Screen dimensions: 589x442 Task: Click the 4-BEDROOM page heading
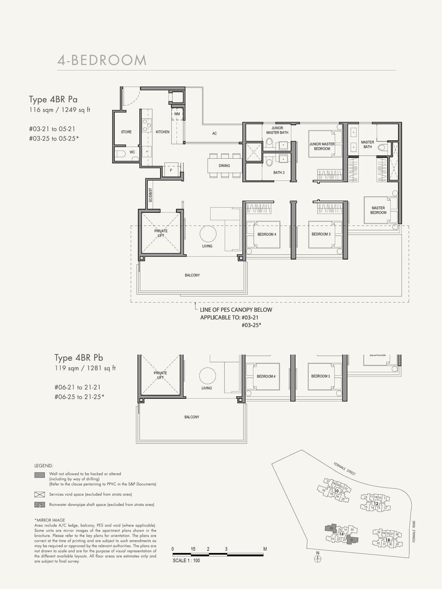point(102,60)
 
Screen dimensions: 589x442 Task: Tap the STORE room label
point(126,132)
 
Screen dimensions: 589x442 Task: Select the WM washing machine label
point(177,114)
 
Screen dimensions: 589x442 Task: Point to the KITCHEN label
point(162,132)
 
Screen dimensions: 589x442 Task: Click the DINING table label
point(224,166)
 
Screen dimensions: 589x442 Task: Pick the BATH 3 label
point(279,173)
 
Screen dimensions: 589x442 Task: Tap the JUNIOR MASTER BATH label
point(277,130)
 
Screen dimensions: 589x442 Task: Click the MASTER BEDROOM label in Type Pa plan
point(378,210)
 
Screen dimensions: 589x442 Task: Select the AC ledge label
point(214,134)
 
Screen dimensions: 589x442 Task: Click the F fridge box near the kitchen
point(171,170)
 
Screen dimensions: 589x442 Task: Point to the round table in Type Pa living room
point(208,234)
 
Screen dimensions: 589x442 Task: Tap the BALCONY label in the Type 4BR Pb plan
point(192,417)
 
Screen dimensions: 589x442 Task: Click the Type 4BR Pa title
point(53,100)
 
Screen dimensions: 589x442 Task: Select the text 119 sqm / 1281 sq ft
point(85,368)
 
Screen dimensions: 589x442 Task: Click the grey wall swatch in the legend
point(40,475)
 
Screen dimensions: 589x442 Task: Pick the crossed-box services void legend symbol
point(40,494)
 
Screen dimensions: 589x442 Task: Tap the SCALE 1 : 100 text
point(186,561)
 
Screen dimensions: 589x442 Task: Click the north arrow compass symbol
point(317,558)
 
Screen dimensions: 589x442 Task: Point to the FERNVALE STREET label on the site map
point(344,468)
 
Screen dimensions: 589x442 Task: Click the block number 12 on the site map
point(376,503)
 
